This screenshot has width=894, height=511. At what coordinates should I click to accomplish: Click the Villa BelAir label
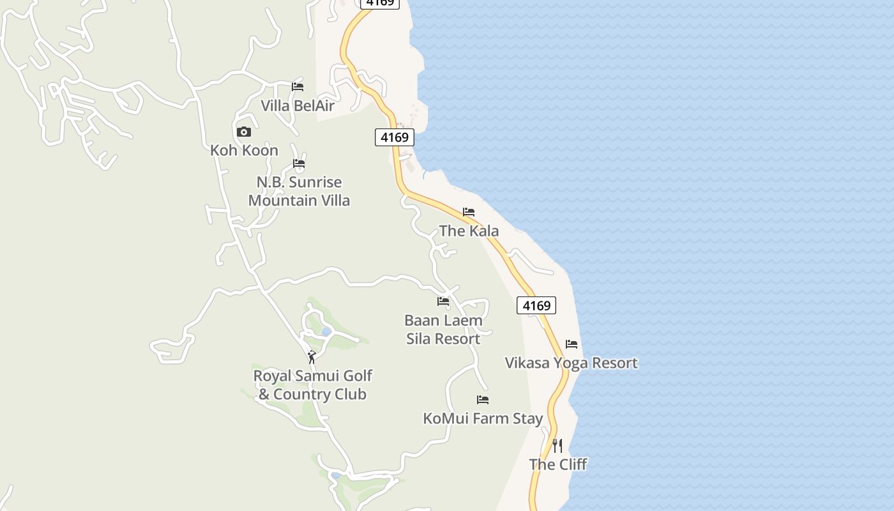tap(298, 105)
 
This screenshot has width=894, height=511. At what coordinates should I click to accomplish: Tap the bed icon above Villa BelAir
tap(298, 87)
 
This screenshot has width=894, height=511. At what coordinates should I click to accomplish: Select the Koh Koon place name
tap(244, 151)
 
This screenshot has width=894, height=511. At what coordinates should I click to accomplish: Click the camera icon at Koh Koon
tap(244, 132)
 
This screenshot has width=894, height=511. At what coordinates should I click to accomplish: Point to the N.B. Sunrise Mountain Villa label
tap(299, 191)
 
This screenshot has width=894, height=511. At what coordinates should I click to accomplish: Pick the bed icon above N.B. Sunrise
tap(299, 164)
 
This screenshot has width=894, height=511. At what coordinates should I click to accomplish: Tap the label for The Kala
tap(469, 231)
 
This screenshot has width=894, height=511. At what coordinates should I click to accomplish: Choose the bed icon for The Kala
tap(469, 212)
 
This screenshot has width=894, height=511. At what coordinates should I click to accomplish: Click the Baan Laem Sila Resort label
tap(443, 329)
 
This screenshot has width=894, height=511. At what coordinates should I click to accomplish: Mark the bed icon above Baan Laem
tap(443, 301)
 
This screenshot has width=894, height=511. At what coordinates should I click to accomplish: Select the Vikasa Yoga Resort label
tap(571, 363)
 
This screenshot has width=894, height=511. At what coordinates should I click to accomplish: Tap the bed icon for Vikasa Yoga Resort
tap(572, 344)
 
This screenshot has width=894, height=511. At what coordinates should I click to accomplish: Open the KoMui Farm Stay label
tap(483, 418)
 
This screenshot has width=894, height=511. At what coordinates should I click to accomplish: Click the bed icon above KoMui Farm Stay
tap(483, 400)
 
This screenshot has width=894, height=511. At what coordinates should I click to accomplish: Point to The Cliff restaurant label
tap(557, 464)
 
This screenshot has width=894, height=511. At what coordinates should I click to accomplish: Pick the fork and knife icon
tap(557, 445)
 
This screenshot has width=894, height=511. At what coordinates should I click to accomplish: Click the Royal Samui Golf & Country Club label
tap(312, 385)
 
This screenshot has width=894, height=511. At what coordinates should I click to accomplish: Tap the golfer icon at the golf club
tap(312, 357)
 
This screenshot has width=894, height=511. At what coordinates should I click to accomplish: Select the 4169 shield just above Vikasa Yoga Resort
tap(536, 305)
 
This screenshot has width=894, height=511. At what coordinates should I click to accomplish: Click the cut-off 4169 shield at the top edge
tap(380, 3)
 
